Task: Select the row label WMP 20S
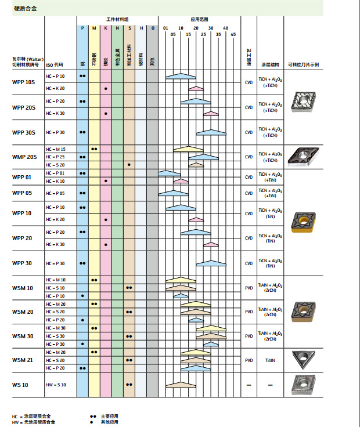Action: click(x=24, y=157)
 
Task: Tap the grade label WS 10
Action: click(x=20, y=385)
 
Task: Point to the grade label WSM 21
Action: click(x=23, y=360)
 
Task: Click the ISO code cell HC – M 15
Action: click(x=56, y=149)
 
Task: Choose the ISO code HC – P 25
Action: click(x=55, y=157)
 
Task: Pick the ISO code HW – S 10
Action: click(x=56, y=385)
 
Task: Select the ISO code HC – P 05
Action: click(x=55, y=193)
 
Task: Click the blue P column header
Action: click(x=82, y=28)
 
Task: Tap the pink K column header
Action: click(x=106, y=28)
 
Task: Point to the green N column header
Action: click(x=117, y=28)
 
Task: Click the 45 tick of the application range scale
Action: click(x=233, y=34)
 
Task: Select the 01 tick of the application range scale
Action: click(x=165, y=28)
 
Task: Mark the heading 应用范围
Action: click(x=199, y=20)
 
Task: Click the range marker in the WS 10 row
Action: click(x=181, y=384)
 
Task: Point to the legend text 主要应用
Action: click(x=109, y=417)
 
